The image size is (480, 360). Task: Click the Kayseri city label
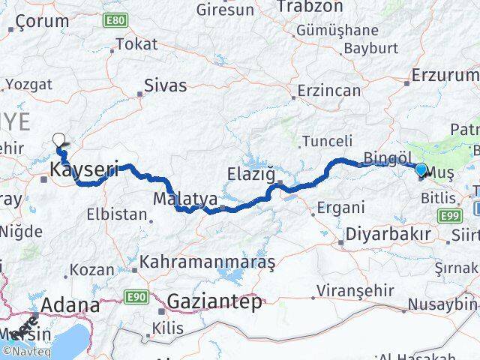[x=84, y=171]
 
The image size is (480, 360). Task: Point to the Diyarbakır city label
[x=387, y=235]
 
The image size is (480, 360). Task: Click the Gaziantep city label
[x=214, y=301]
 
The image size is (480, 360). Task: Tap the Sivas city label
[x=164, y=85]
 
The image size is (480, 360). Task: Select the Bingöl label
[x=388, y=157]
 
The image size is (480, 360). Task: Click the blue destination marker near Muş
[x=421, y=170]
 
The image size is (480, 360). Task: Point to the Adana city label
[x=70, y=305]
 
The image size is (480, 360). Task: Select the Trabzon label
[x=304, y=7]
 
